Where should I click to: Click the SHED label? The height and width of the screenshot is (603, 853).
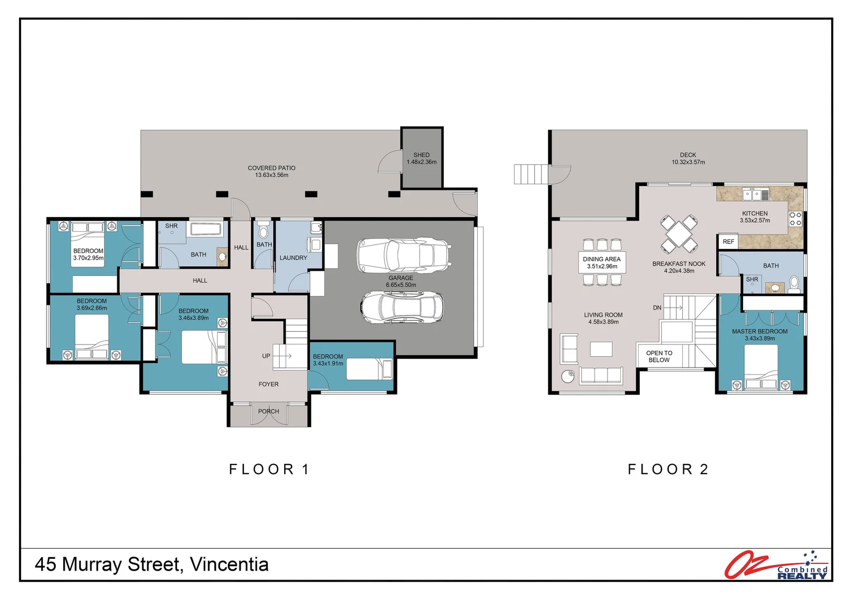421,155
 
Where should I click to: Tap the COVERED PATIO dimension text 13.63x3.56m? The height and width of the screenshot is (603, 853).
271,175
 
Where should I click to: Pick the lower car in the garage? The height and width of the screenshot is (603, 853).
402,308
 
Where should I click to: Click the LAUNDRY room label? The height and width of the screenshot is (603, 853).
293,258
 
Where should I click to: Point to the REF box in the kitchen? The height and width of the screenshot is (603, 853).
728,242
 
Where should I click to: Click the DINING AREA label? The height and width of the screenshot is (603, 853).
602,259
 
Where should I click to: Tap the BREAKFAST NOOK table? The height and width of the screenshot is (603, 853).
679,234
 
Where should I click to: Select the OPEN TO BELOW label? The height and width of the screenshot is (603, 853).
659,357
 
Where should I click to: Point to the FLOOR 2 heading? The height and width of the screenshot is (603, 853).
668,470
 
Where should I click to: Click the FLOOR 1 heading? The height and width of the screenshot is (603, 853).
269,470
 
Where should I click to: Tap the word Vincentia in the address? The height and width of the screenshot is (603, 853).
229,564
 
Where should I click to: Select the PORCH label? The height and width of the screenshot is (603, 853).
269,411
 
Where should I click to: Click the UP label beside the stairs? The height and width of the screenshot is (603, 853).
266,356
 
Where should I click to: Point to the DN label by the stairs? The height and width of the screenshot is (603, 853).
657,308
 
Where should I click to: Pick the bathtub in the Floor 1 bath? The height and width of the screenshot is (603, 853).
205,229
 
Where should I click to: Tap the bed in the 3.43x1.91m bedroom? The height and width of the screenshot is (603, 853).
370,369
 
